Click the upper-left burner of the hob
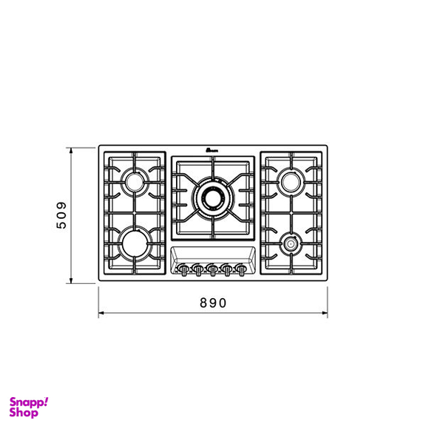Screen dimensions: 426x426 [x=134, y=180]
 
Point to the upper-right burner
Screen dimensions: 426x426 [x=291, y=180]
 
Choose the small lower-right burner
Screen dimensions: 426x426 [x=291, y=242]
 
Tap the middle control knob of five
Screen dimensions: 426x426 [x=212, y=270]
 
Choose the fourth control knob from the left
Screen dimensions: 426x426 [x=226, y=270]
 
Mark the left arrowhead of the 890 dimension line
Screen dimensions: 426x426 [x=101, y=313]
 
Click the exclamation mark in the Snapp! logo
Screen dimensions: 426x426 [x=46, y=402]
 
